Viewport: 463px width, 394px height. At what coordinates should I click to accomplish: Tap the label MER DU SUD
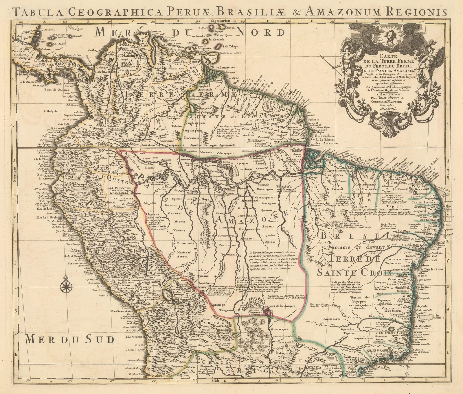click(x=69, y=338)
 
